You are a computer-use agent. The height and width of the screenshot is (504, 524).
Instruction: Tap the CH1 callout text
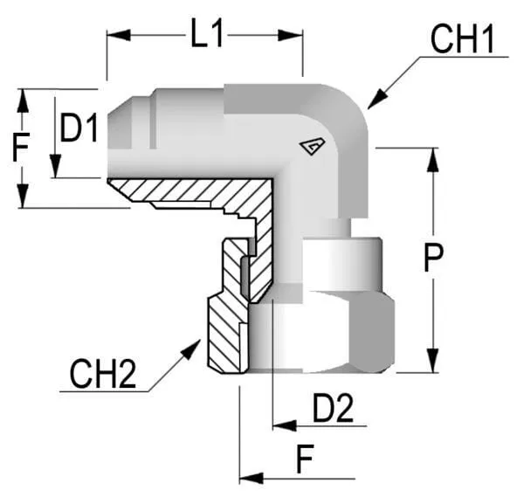click(462, 39)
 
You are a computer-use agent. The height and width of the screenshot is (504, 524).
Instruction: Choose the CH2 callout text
click(103, 376)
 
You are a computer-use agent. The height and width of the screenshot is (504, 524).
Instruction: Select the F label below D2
click(304, 459)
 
